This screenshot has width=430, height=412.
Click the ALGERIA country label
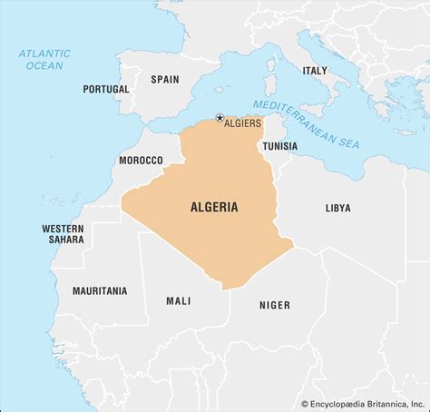tap(214, 207)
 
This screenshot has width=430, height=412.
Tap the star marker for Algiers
tap(220, 118)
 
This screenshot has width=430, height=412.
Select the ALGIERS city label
tap(244, 123)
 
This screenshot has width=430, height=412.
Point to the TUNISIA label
tap(279, 145)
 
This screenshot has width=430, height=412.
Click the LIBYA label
tap(337, 208)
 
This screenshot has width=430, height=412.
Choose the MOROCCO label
tap(141, 160)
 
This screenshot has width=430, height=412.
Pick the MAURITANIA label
tap(100, 291)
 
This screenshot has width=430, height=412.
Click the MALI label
tap(178, 300)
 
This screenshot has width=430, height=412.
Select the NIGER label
tap(275, 306)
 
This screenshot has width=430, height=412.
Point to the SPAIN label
tap(165, 79)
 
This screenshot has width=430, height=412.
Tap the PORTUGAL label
tap(106, 89)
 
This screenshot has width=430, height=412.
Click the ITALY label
tap(315, 70)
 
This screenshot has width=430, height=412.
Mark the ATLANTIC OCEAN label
tap(44, 60)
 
